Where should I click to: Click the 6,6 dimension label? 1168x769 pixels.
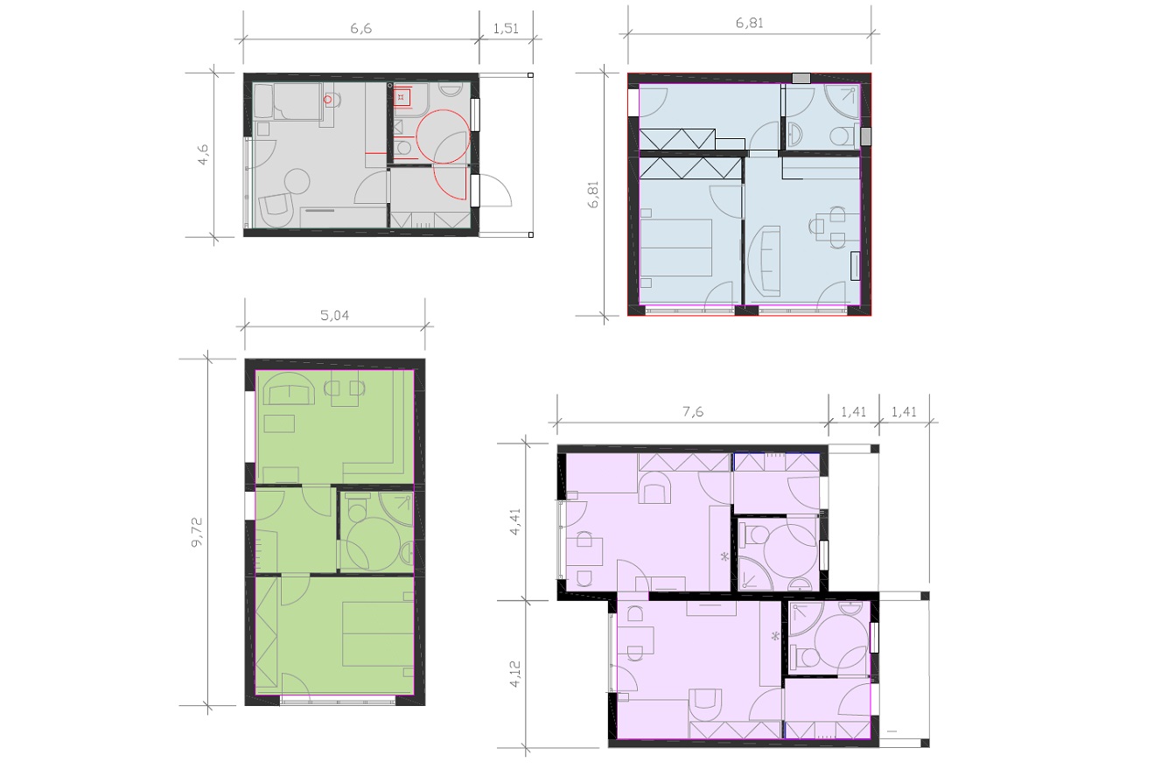360,28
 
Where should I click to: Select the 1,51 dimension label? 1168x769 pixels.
506,28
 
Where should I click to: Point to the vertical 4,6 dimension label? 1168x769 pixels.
203,155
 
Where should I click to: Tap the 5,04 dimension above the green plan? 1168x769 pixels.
334,315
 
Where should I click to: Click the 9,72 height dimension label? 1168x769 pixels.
198,532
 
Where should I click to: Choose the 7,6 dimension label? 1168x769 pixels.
693,411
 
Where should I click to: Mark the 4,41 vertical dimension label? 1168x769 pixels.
515,521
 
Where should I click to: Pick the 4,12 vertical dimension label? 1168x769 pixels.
515,674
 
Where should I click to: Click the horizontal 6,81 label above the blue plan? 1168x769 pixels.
749,23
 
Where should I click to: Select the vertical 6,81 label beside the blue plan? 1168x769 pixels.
593,194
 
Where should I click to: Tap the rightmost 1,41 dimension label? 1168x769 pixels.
904,411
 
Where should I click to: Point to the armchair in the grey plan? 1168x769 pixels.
276,211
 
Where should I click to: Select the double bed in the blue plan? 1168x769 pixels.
675,248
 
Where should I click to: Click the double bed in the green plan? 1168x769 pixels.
378,634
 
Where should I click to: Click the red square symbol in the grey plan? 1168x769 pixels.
402,97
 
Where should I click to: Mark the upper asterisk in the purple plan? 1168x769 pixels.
724,557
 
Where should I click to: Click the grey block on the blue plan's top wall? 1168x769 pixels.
801,78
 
